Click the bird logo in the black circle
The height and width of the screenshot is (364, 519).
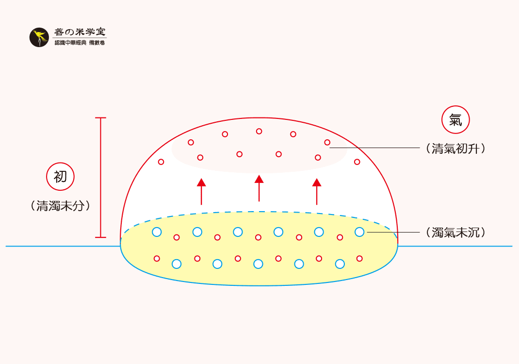click(x=39, y=37)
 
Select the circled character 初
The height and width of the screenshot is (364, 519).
click(x=60, y=176)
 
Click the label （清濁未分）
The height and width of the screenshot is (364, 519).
click(x=60, y=206)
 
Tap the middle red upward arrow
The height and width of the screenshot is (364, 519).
click(x=259, y=188)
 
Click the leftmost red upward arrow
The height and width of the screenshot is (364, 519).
click(x=201, y=191)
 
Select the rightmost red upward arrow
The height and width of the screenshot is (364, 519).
click(x=317, y=191)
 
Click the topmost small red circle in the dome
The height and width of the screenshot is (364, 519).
click(x=259, y=131)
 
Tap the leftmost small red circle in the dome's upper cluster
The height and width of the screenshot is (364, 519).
click(x=161, y=162)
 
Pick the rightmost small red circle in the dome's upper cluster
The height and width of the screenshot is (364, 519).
click(x=357, y=162)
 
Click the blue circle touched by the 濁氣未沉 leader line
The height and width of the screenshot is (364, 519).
click(x=359, y=232)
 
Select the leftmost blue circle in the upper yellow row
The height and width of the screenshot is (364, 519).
click(x=157, y=232)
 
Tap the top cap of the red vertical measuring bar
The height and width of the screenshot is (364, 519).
click(x=100, y=118)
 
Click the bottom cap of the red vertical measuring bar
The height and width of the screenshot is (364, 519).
click(x=100, y=237)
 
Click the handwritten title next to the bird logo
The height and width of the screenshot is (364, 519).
click(x=80, y=32)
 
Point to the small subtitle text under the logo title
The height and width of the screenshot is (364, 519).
click(x=80, y=43)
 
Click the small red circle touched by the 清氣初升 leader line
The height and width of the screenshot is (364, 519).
click(x=327, y=142)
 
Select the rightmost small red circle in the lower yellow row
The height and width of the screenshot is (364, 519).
click(x=359, y=258)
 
